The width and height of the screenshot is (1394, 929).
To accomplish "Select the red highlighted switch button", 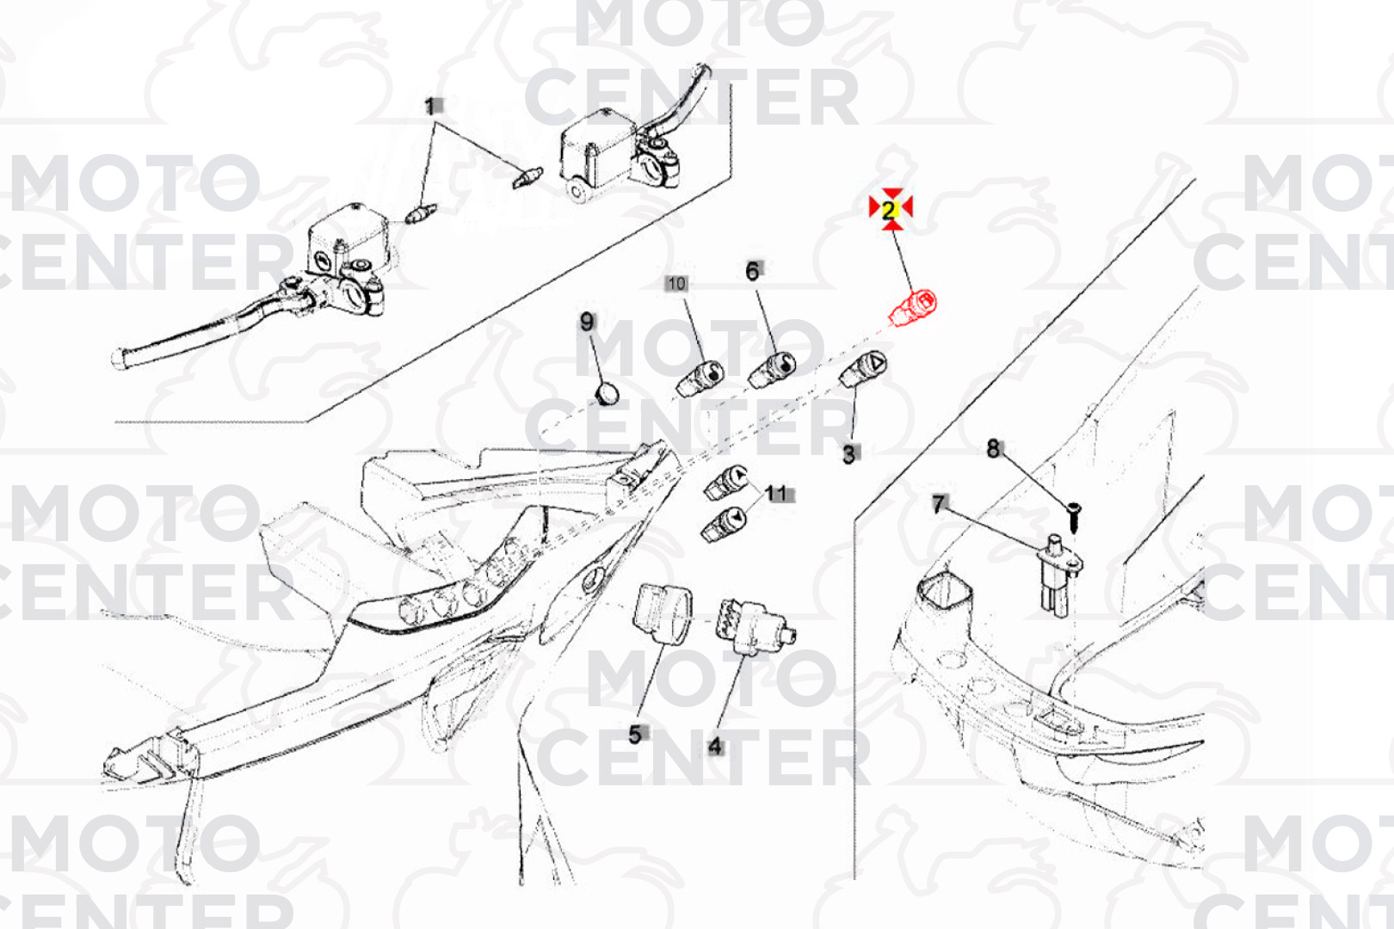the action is tap(913, 309).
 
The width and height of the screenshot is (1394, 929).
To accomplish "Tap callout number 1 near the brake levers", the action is tap(431, 107).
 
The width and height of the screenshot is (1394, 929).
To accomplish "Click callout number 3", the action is tap(849, 454).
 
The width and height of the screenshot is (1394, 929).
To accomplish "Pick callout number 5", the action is tap(635, 735).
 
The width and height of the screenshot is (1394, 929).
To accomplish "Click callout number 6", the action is tap(753, 271).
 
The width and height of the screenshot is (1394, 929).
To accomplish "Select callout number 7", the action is tap(940, 503).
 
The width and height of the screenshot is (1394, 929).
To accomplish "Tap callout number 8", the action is tap(994, 448).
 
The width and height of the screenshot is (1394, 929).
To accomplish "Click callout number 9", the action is tap(588, 322).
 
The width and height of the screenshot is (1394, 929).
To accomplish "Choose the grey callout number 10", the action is tap(675, 285).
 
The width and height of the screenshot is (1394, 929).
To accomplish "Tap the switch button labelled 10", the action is tap(700, 378).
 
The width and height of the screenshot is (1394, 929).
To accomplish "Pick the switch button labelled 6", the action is tap(773, 370).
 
